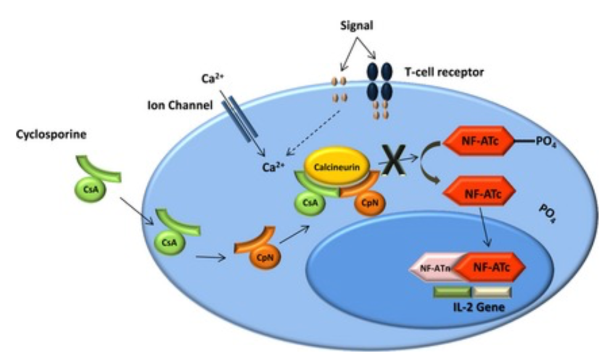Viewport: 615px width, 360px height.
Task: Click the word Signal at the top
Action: [x=356, y=28]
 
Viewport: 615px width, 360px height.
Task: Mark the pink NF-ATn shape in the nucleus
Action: [x=433, y=267]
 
